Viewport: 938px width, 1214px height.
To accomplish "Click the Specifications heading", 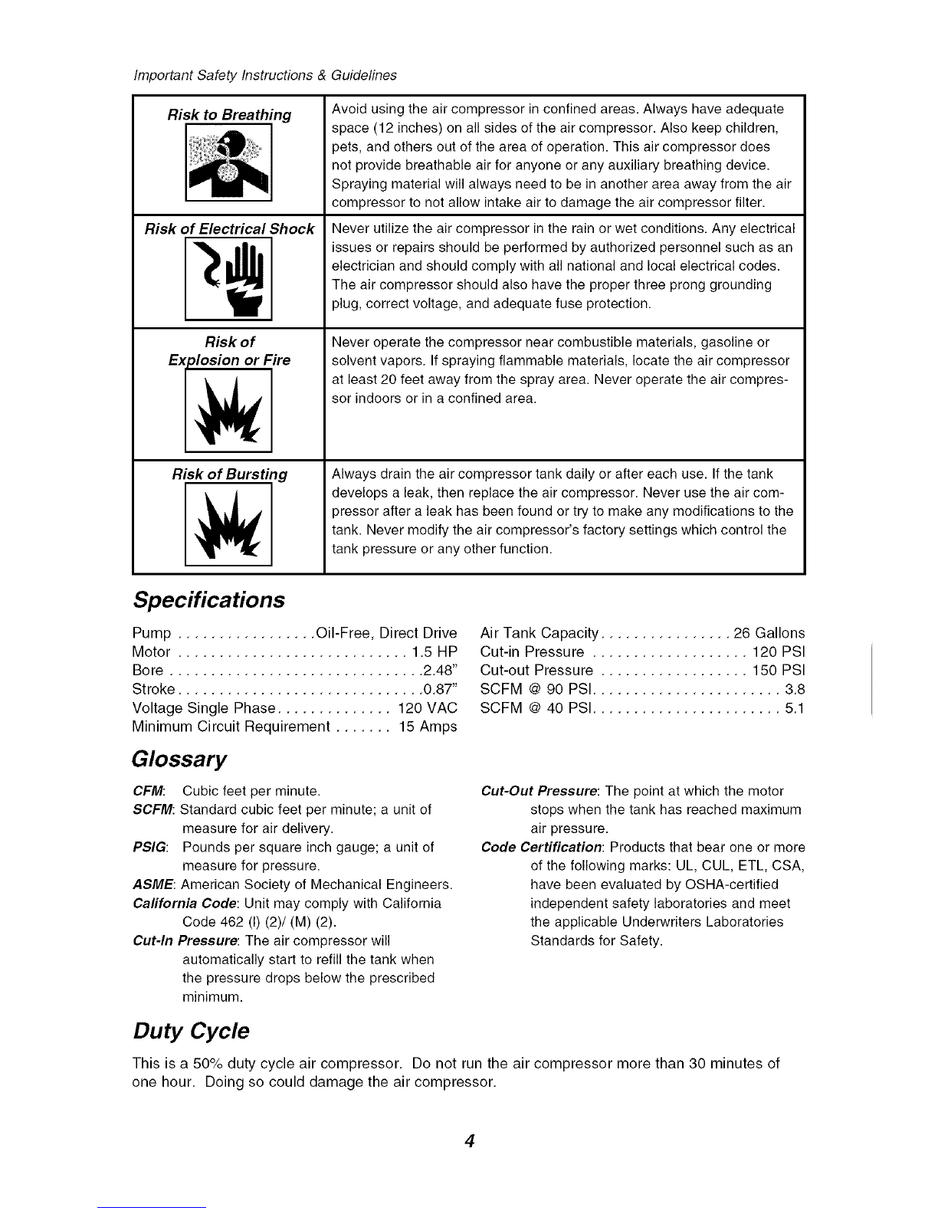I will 208,599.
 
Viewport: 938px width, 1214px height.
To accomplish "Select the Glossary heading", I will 180,760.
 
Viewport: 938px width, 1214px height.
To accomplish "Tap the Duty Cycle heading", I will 191,1031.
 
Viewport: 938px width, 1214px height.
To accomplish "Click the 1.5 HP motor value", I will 434,652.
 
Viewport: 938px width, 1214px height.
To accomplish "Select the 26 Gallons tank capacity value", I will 769,634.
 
